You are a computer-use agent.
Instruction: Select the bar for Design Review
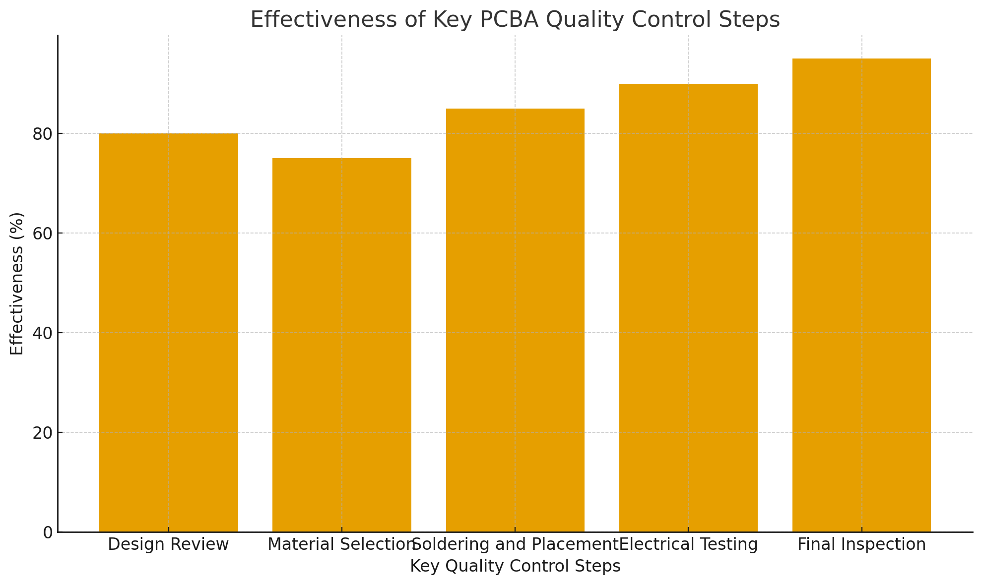[168, 332]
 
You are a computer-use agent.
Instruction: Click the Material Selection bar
[341, 345]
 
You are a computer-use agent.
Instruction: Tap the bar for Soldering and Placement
[515, 320]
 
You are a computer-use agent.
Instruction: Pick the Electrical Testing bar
[688, 307]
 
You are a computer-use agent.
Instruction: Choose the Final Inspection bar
[861, 295]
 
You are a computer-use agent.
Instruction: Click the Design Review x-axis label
[168, 545]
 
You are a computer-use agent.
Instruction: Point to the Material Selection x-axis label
[340, 545]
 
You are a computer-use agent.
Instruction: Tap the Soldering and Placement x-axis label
[515, 545]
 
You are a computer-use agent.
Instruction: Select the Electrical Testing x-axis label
[689, 545]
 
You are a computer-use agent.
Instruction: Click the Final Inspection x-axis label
[861, 545]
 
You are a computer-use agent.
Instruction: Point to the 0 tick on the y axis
[48, 532]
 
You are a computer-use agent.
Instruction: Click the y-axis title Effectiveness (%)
[17, 284]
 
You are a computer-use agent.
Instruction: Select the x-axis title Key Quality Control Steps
[515, 566]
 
